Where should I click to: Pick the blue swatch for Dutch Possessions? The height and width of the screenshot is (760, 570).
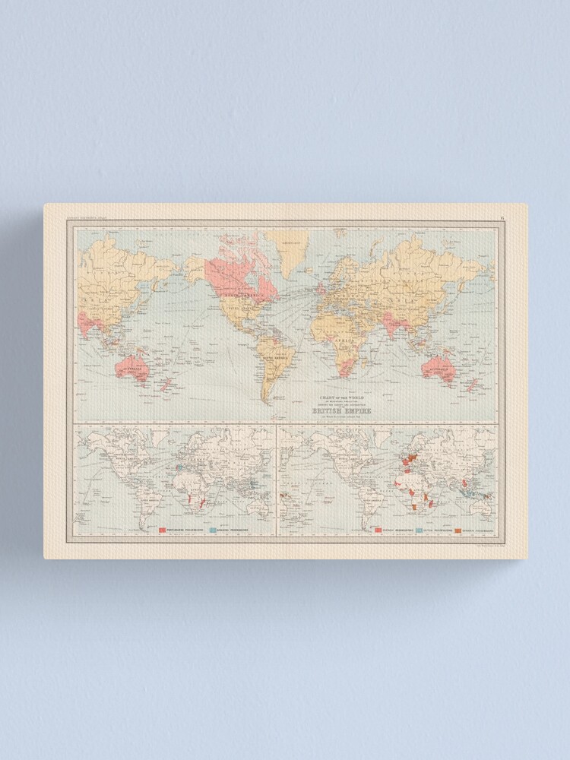click(419, 529)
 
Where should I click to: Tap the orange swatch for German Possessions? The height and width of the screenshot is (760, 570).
click(459, 529)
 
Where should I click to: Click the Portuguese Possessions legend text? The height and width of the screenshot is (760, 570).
click(186, 530)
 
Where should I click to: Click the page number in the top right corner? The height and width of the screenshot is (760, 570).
click(502, 219)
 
